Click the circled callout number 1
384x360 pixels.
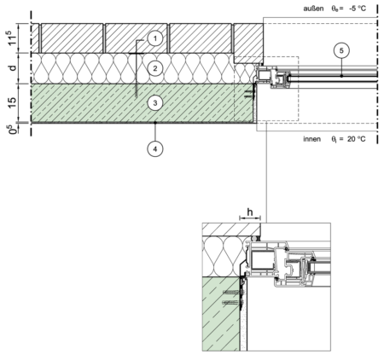click(x=155, y=38)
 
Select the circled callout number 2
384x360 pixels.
click(x=155, y=68)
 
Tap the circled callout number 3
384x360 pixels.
click(x=155, y=103)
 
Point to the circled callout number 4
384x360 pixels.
click(x=155, y=148)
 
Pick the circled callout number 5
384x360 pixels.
click(x=341, y=50)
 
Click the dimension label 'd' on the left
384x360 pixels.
click(x=12, y=68)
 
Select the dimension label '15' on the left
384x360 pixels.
click(x=12, y=102)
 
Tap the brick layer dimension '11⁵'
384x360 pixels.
click(x=12, y=38)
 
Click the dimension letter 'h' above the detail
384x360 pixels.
click(x=250, y=212)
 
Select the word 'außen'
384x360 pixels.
click(x=313, y=9)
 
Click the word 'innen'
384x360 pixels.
click(x=311, y=139)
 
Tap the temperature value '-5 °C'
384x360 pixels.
click(x=357, y=9)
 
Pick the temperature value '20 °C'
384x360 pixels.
click(x=357, y=139)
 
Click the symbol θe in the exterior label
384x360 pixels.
click(x=335, y=9)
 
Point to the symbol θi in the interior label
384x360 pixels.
click(x=334, y=139)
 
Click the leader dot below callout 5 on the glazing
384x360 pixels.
click(x=341, y=76)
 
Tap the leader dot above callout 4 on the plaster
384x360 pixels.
click(x=155, y=123)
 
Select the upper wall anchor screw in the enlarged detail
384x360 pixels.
click(x=231, y=292)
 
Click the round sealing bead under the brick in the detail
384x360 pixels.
click(x=254, y=238)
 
